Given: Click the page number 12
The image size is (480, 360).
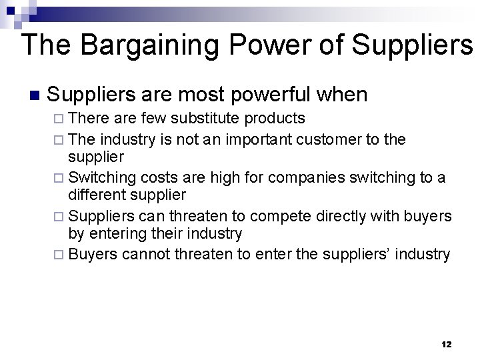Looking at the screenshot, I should pyautogui.click(x=446, y=345).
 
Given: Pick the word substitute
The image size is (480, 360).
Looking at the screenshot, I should pyautogui.click(x=207, y=119).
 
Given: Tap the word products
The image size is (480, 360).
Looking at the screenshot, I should pyautogui.click(x=275, y=119).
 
